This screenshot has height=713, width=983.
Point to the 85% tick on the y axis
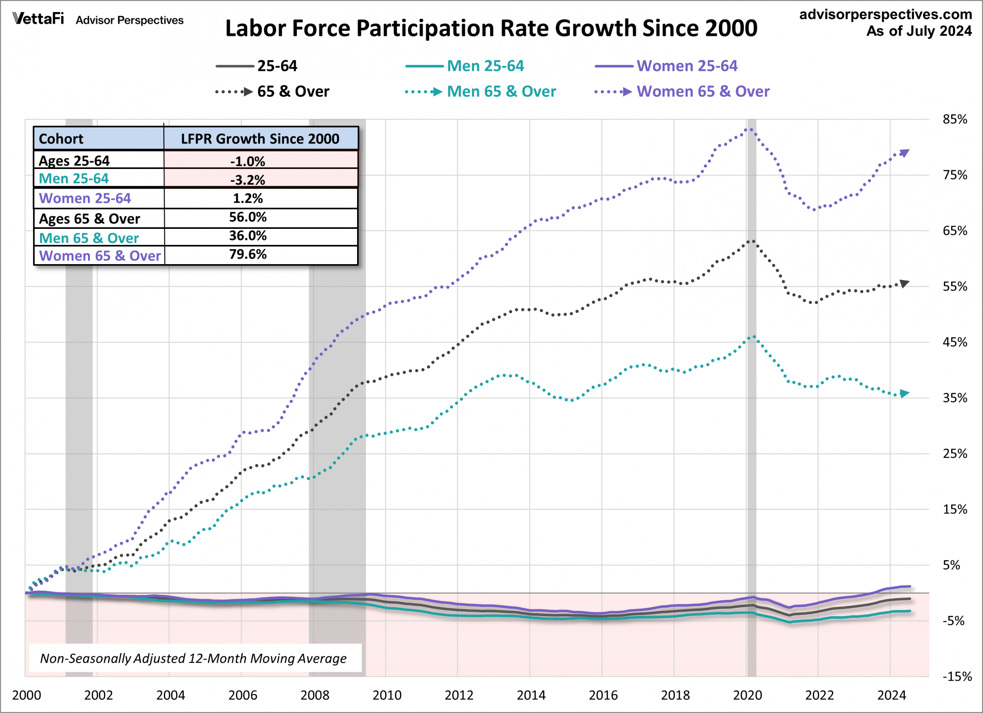pos(955,120)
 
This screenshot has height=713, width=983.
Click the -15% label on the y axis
pos(957,677)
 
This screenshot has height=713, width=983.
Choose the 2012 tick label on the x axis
pos(459,695)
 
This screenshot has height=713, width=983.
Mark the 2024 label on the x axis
pos(892,695)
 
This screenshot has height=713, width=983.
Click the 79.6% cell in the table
pos(248,255)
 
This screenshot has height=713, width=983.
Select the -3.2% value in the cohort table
pos(248,179)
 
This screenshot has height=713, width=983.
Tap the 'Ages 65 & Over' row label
pos(89,219)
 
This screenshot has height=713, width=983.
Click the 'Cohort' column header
pos(61,139)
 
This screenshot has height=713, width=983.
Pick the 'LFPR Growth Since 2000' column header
pos(260,139)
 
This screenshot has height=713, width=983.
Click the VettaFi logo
pos(38,19)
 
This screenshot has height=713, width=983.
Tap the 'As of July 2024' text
pos(919,31)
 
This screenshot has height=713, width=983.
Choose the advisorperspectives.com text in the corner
pos(885,14)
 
